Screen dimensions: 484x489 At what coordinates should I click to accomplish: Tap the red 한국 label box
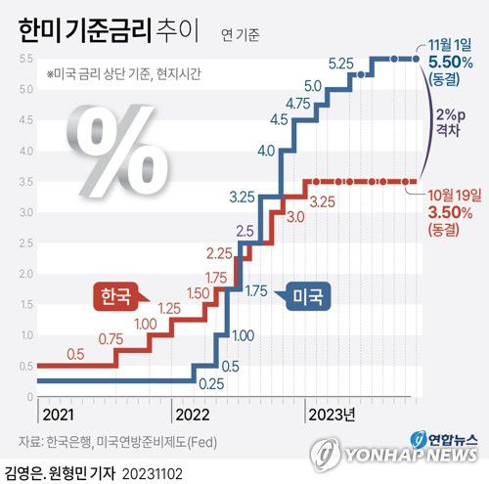(114, 295)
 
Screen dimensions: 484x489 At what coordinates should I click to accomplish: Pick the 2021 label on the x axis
(57, 412)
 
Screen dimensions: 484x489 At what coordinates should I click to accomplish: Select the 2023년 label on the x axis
(331, 412)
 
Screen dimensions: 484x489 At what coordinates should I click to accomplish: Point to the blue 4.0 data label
(266, 151)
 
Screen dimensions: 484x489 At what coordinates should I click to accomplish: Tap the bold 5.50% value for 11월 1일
(451, 61)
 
